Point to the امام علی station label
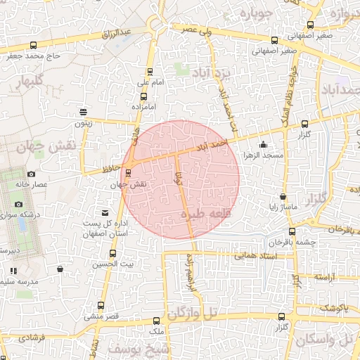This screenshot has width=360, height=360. click(x=149, y=83)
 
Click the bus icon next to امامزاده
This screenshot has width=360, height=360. click(x=144, y=96)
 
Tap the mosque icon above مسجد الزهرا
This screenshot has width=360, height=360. click(x=263, y=145)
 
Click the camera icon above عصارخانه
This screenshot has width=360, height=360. click(x=31, y=174)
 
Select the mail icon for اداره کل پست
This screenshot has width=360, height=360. click(x=105, y=212)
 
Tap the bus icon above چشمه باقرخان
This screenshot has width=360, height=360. click(x=292, y=231)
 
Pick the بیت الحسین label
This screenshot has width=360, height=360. click(x=112, y=264)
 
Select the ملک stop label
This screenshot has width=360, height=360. click(x=157, y=330)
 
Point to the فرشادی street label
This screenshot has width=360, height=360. click(x=32, y=338)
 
